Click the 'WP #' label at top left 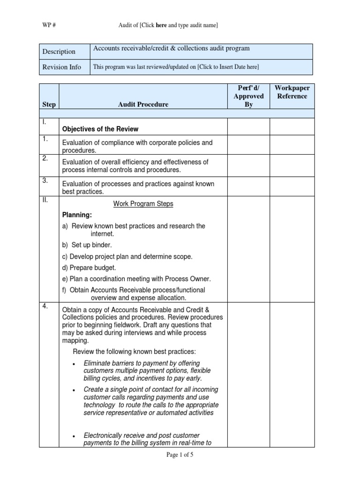point(48,25)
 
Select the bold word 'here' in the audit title point(162,25)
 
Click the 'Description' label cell point(59,52)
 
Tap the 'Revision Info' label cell point(61,67)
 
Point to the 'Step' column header point(49,105)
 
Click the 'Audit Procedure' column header point(143,105)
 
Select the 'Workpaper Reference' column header point(292,92)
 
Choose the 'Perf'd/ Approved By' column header point(248,96)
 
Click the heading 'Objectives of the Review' point(100,129)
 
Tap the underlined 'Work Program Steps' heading point(143,204)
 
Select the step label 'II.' point(45,200)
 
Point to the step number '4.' point(45,307)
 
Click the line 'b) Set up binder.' point(87,245)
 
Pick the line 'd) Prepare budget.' point(89,268)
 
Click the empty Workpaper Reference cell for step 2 point(292,165)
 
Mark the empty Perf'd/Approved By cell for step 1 point(248,144)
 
